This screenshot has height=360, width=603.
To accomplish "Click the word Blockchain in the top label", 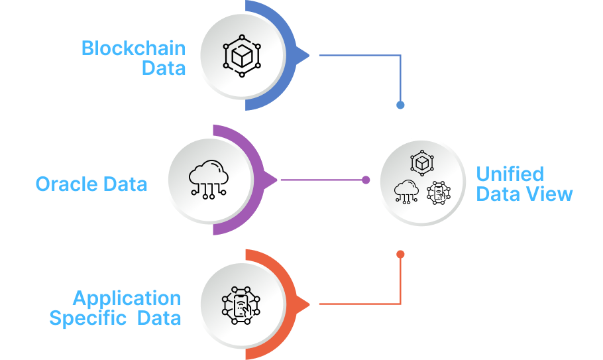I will click(x=133, y=48).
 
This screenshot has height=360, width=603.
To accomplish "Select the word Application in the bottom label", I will click(x=127, y=298).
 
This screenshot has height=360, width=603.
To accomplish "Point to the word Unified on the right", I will click(x=510, y=174).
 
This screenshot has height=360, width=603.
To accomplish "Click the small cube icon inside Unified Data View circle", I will click(x=421, y=162).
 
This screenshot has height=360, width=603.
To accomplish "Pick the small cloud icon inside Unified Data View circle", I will click(x=406, y=191).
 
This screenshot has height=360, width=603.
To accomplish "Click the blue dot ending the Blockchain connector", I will click(x=400, y=105).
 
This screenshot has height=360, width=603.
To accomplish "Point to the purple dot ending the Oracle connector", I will click(x=366, y=180).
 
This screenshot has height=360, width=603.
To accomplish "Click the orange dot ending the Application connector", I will click(x=400, y=255).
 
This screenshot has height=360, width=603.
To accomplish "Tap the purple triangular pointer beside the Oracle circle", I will click(x=270, y=180).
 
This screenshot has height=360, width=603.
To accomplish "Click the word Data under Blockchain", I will click(x=164, y=68).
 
